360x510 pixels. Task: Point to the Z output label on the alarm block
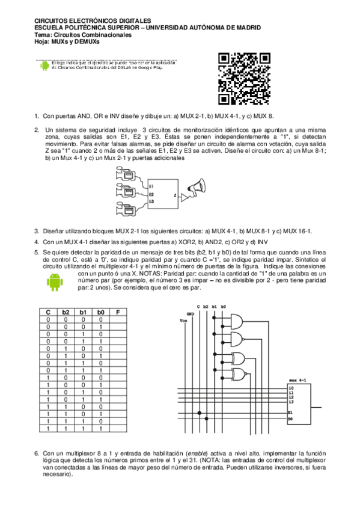[x=175, y=195]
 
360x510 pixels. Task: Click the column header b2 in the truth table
[x=66, y=313]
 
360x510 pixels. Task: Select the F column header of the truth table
[x=118, y=313]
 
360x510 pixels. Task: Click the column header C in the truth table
[x=47, y=313]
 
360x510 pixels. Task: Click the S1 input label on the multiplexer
[x=291, y=412]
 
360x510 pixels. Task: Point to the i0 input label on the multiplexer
[x=291, y=389]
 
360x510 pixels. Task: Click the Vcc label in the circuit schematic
[x=183, y=321]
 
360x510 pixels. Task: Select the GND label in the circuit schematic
[x=190, y=314]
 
